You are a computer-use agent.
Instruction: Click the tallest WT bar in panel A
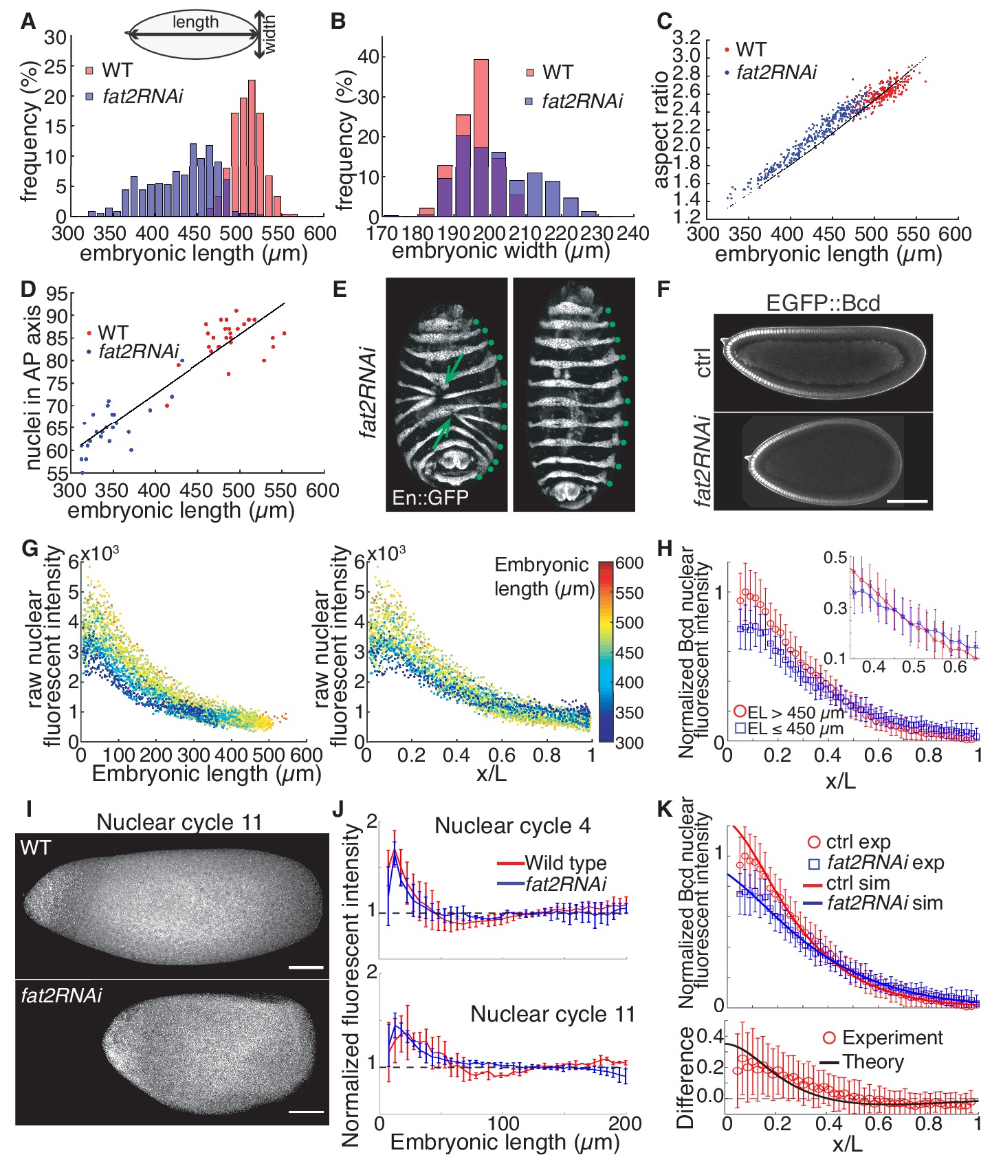[x=252, y=148]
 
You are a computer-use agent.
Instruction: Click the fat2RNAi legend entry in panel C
[x=775, y=72]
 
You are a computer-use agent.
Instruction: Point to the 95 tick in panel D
[x=58, y=295]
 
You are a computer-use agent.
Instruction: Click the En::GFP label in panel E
[x=430, y=497]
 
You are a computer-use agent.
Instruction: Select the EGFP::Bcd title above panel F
[x=823, y=302]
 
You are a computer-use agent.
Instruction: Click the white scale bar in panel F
[x=907, y=501]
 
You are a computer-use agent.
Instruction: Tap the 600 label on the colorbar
[x=629, y=563]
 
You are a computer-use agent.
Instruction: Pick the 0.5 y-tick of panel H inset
[x=835, y=558]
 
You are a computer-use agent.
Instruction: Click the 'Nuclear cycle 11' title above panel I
[x=179, y=822]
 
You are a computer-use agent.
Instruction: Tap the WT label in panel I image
[x=36, y=848]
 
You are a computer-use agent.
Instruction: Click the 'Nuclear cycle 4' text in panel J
[x=512, y=826]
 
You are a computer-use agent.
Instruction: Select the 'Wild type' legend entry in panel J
[x=565, y=863]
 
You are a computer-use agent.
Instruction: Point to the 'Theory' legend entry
[x=873, y=1061]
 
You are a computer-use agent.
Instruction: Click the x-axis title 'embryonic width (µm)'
[x=501, y=251]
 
